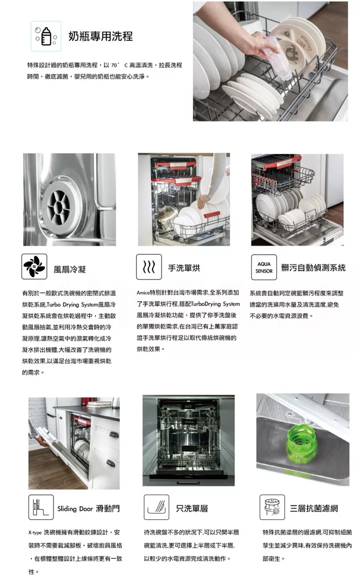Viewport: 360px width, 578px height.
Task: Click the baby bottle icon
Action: (46, 36)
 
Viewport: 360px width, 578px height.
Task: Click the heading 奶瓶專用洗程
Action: (101, 36)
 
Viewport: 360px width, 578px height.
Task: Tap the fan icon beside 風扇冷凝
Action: (34, 266)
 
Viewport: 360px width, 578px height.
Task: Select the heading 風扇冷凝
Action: (69, 270)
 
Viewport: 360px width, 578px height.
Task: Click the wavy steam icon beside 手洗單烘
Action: (149, 267)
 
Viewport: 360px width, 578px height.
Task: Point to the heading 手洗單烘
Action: (184, 268)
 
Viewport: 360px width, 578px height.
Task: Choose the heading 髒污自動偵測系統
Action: (314, 268)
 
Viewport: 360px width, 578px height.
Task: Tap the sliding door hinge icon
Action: (41, 507)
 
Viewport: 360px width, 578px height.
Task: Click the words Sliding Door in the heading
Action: (75, 509)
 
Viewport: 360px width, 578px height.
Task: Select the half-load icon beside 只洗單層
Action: (157, 507)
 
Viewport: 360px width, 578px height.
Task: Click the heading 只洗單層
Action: (192, 509)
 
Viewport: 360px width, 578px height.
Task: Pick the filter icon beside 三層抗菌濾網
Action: (272, 507)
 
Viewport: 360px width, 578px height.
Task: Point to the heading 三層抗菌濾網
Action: (314, 509)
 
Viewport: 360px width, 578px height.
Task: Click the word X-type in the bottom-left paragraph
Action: (35, 533)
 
